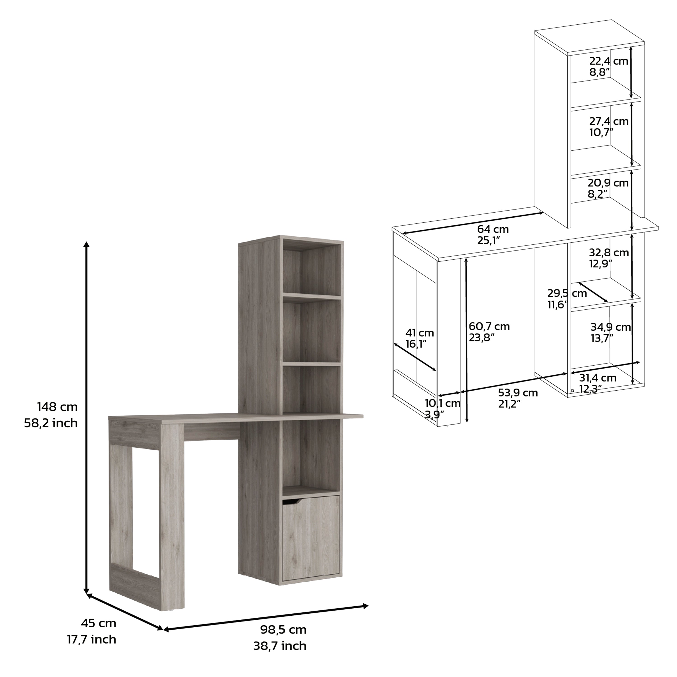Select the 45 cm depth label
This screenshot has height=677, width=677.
(x=98, y=623)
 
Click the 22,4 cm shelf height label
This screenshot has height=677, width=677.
(x=609, y=61)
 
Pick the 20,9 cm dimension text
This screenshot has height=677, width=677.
(x=608, y=183)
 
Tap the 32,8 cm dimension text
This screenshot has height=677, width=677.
(x=609, y=253)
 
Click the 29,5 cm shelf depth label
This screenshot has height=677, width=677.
(x=567, y=293)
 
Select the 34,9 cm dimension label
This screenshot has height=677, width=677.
(x=610, y=327)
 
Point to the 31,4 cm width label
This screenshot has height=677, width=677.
(x=598, y=378)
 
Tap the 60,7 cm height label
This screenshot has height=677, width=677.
(x=489, y=327)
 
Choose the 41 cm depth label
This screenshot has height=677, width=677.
(x=420, y=333)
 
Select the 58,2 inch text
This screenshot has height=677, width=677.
(x=51, y=423)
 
